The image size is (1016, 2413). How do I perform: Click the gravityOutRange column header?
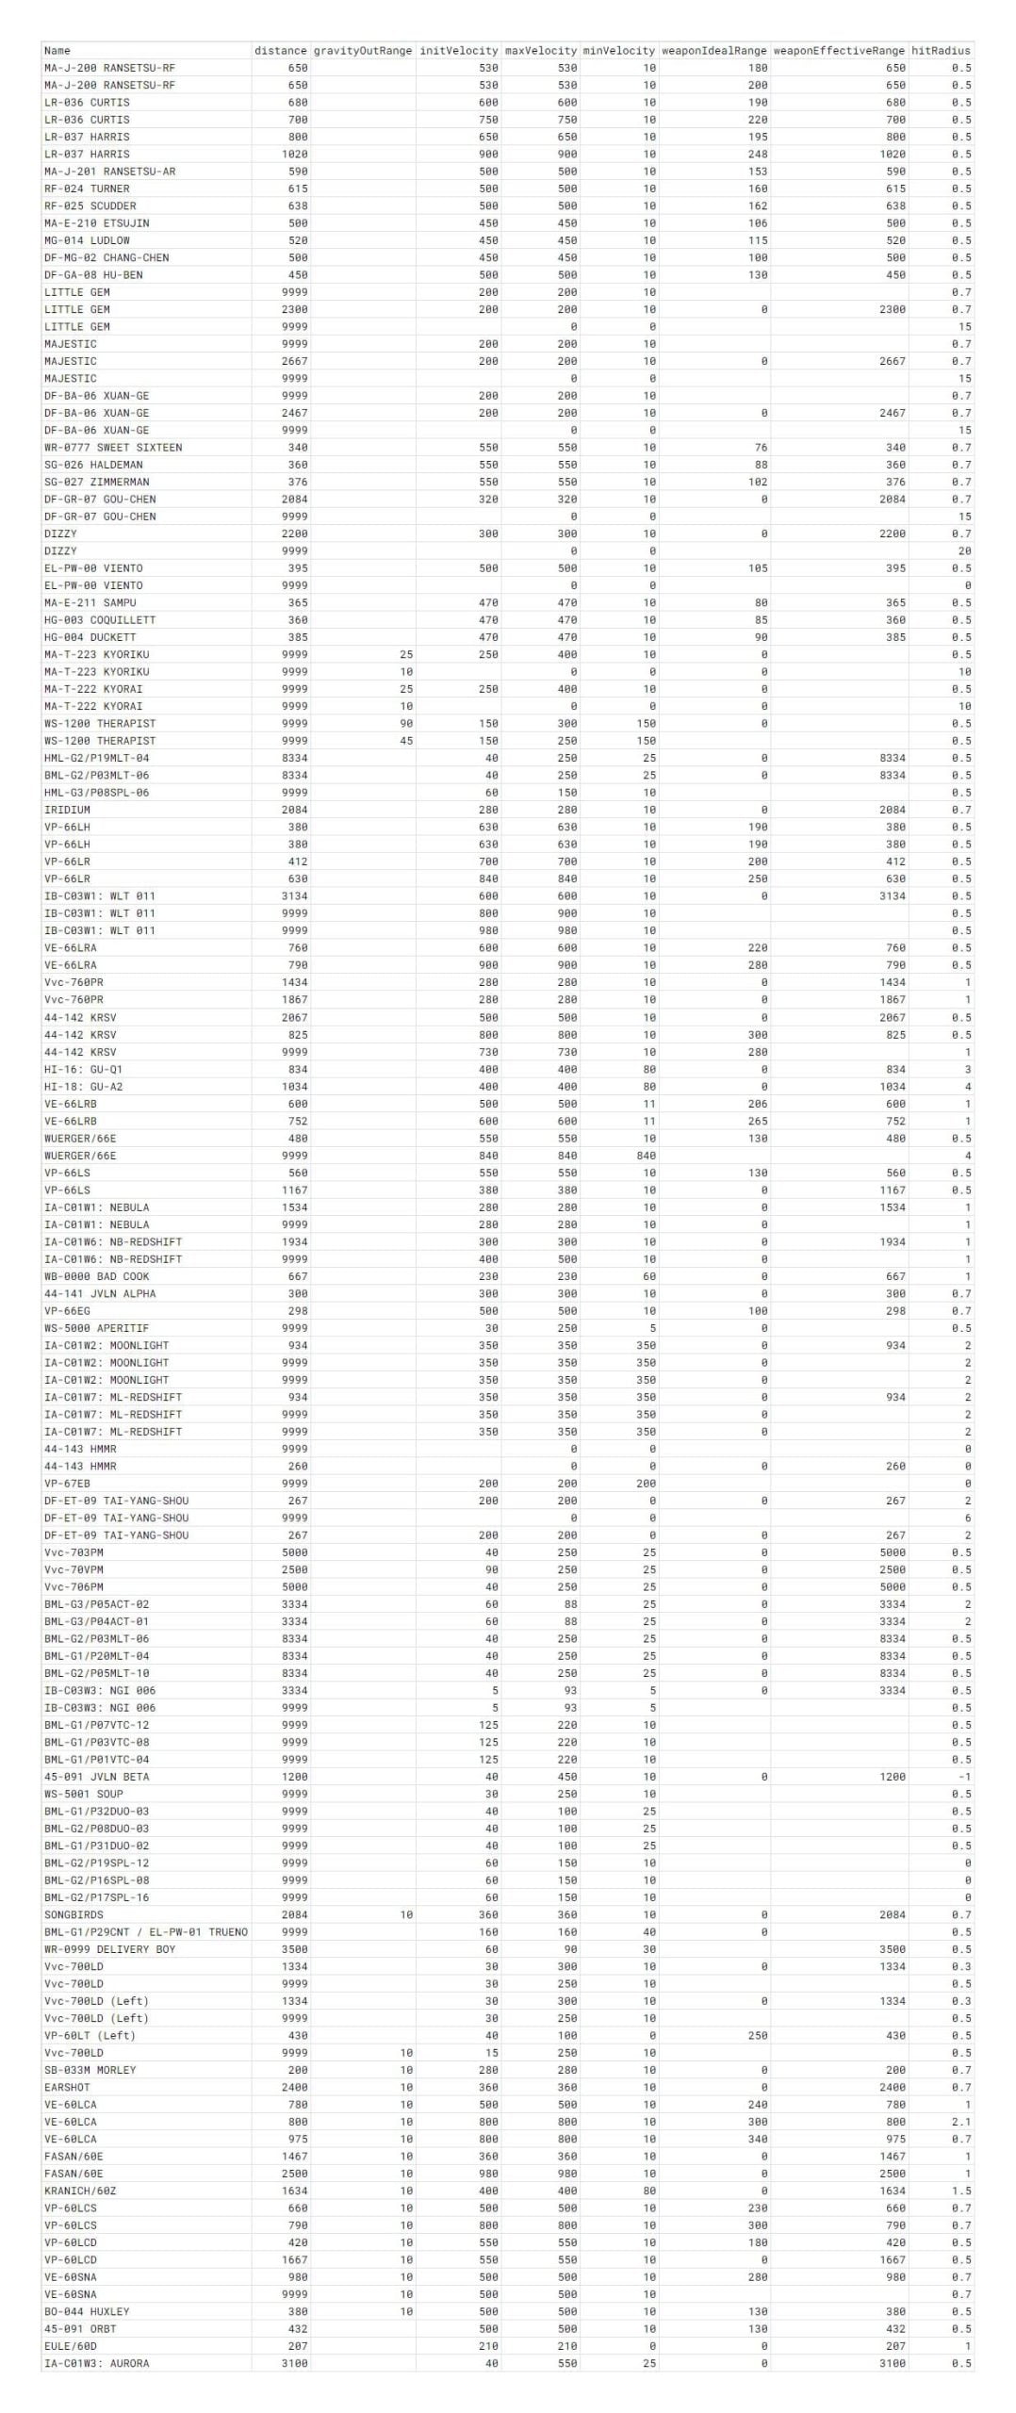362,51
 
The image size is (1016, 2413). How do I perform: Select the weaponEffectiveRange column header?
839,51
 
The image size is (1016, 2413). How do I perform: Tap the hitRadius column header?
941,51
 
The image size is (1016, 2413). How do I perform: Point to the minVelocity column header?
618,51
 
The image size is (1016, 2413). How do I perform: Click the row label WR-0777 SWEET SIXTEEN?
113,448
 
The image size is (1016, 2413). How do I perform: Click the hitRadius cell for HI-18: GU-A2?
967,1087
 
